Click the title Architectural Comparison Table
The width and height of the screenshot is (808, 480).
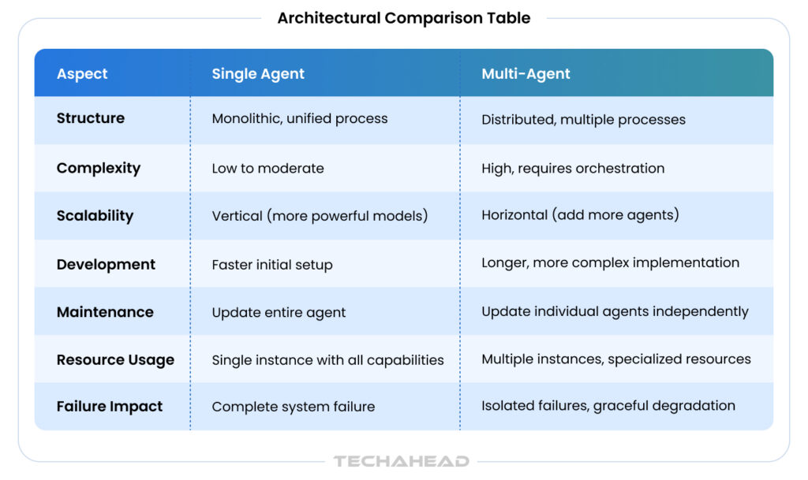(403, 18)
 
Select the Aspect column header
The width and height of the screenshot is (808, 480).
(82, 74)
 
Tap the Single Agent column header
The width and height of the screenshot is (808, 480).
(258, 74)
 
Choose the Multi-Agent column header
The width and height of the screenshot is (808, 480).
(526, 74)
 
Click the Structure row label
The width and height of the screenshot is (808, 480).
(91, 118)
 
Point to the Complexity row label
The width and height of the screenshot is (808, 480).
(99, 168)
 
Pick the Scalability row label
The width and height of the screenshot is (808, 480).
(95, 215)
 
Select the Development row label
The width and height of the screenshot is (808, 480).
(106, 265)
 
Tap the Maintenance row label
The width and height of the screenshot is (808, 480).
(105, 312)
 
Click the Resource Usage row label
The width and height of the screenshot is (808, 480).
(115, 360)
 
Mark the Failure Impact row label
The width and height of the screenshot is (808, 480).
(109, 407)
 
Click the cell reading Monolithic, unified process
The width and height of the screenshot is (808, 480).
(299, 119)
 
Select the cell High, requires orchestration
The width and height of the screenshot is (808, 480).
(573, 169)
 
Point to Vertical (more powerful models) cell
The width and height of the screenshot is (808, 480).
(320, 215)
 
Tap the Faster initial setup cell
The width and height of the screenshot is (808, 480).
(272, 265)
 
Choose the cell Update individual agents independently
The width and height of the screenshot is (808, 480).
(615, 312)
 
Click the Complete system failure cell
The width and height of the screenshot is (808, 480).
(294, 407)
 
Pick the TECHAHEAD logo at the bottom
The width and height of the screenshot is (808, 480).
(402, 461)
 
